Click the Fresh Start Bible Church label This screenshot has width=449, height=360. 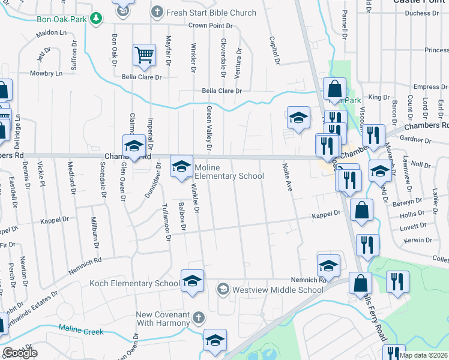(211, 13)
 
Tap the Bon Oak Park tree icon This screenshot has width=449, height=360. (95, 19)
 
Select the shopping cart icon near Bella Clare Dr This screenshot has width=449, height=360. (145, 55)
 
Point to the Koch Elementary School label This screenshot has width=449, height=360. (134, 283)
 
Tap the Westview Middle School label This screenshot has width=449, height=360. (277, 290)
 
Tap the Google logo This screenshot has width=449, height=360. (19, 353)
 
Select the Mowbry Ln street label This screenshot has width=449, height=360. (46, 73)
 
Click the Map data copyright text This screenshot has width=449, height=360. (423, 355)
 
